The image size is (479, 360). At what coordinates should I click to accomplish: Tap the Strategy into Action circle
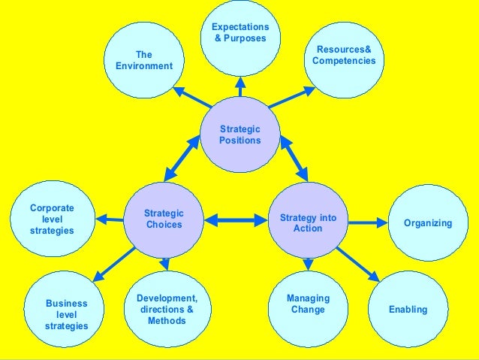[308, 222]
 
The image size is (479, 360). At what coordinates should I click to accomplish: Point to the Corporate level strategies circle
[52, 218]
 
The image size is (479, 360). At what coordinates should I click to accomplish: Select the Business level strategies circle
[66, 313]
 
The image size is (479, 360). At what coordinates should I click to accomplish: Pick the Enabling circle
[408, 309]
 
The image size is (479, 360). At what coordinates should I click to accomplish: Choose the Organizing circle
[427, 222]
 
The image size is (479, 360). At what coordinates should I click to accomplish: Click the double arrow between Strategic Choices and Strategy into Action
[236, 221]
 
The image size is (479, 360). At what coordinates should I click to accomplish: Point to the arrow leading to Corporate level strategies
[109, 219]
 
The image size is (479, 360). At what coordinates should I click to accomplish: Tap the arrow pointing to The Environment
[191, 96]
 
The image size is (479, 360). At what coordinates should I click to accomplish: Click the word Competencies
[343, 61]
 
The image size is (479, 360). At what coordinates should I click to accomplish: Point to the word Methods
[167, 321]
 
